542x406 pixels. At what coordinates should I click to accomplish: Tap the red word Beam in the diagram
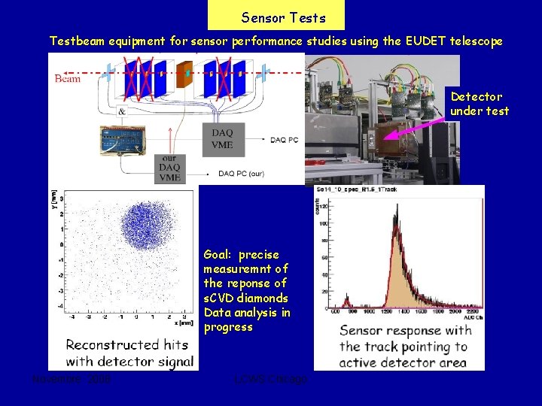(x=68, y=78)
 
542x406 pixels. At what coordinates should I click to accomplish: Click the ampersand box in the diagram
(x=122, y=111)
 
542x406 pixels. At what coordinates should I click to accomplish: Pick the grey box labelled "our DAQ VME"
(x=169, y=169)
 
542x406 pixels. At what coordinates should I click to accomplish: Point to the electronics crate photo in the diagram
(x=121, y=140)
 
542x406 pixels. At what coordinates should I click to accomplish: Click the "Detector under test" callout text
(x=479, y=104)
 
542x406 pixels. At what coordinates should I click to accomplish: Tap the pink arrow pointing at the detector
(x=413, y=123)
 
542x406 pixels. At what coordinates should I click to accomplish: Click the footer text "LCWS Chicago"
(x=270, y=380)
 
